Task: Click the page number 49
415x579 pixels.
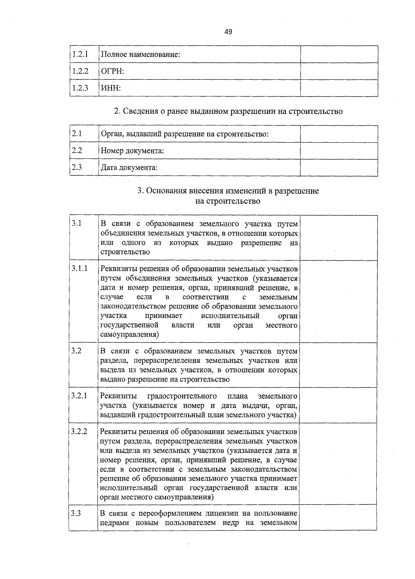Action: [228, 32]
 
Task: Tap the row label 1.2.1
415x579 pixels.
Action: [80, 54]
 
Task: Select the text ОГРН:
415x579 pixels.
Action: [112, 71]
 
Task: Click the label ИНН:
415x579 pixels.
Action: [111, 88]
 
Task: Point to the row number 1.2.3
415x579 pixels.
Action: [80, 88]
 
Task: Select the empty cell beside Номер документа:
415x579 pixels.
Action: [339, 151]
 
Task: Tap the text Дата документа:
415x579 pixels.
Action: [129, 168]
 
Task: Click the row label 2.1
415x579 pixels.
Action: [76, 134]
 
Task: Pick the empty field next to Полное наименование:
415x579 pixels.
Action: [339, 54]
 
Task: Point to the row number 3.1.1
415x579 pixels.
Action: [80, 268]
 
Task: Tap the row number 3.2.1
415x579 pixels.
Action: [79, 396]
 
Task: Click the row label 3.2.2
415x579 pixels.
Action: [79, 432]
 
